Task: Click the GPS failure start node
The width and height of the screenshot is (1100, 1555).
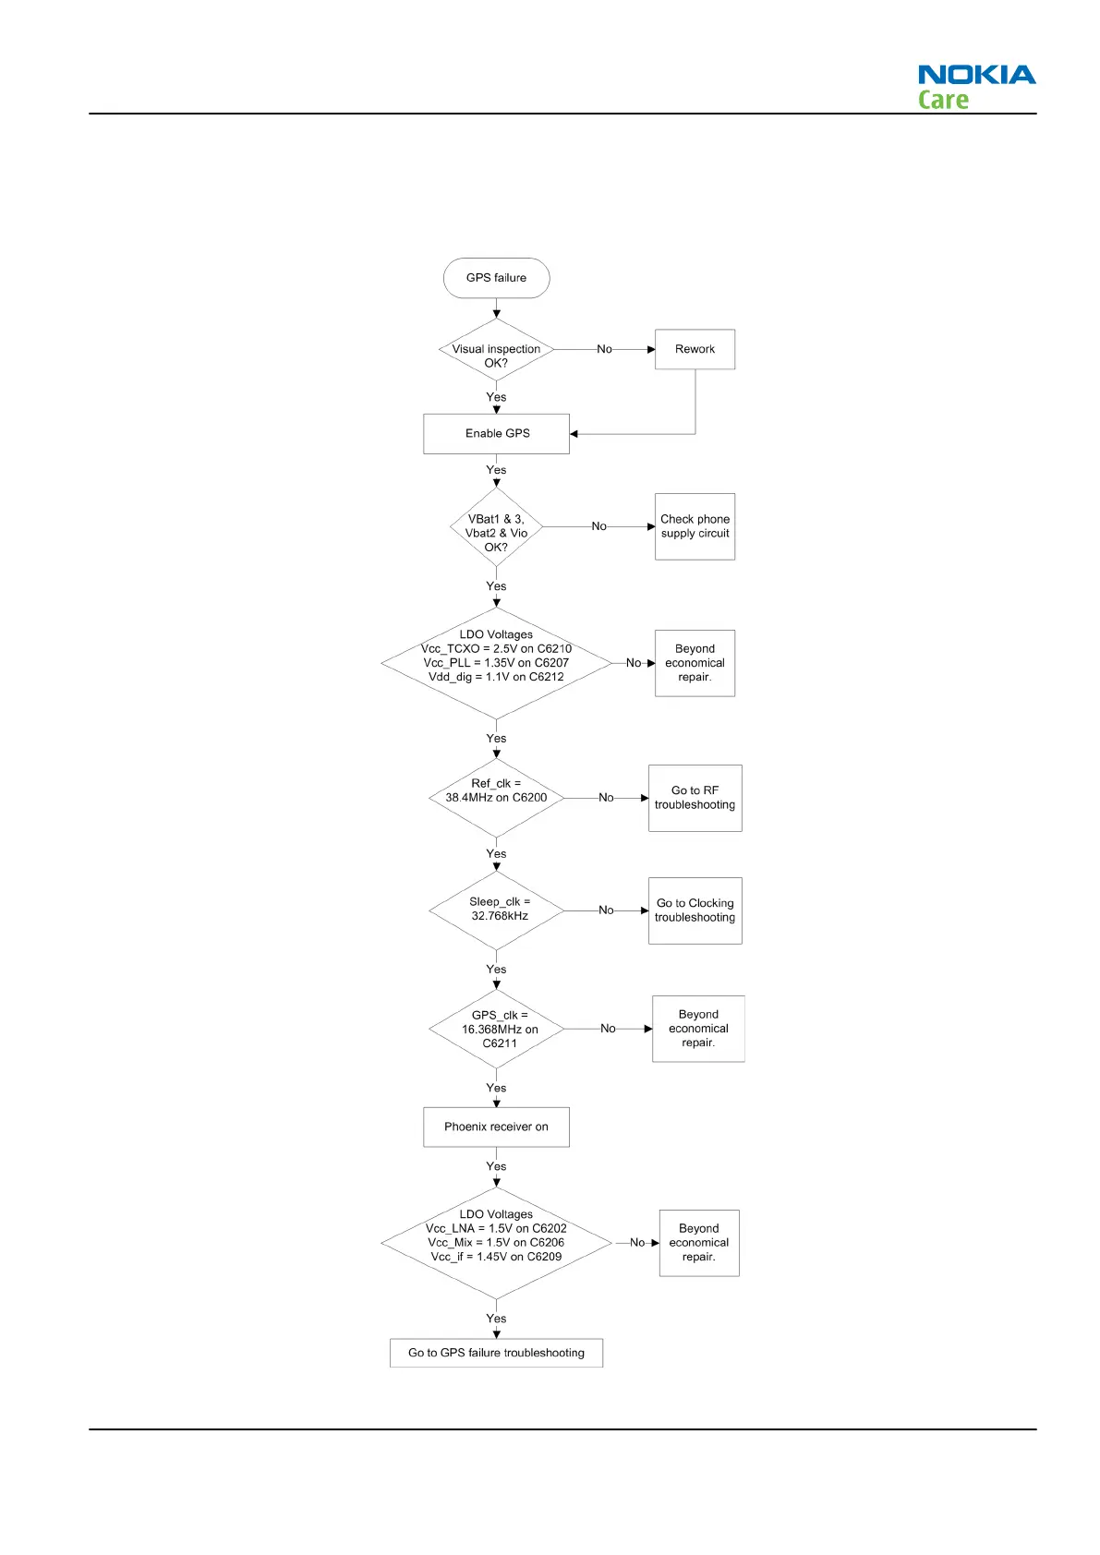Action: pyautogui.click(x=496, y=278)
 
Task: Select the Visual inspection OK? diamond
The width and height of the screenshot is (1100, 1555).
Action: pyautogui.click(x=496, y=351)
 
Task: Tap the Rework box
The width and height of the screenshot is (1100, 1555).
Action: pyautogui.click(x=695, y=349)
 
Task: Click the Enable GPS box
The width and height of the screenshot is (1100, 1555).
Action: pyautogui.click(x=496, y=434)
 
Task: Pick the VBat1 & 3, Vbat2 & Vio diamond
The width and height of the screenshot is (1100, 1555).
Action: pyautogui.click(x=496, y=528)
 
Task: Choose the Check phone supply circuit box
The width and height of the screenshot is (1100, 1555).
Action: pyautogui.click(x=695, y=526)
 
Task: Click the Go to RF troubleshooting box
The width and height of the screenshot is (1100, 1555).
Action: pyautogui.click(x=695, y=798)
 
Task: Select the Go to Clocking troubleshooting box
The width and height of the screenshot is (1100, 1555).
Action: pyautogui.click(x=695, y=910)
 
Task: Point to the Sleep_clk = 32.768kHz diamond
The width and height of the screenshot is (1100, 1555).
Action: pyautogui.click(x=496, y=910)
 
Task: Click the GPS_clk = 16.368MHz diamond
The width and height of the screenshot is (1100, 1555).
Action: pyautogui.click(x=496, y=1029)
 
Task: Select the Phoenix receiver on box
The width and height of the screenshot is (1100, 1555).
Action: pyautogui.click(x=496, y=1127)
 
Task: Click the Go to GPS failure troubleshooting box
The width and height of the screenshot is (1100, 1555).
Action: pyautogui.click(x=496, y=1353)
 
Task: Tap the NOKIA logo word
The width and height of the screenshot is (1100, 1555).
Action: pyautogui.click(x=976, y=75)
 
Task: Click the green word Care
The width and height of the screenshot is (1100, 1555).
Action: pyautogui.click(x=943, y=100)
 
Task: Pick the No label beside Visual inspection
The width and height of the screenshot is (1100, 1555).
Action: pyautogui.click(x=604, y=349)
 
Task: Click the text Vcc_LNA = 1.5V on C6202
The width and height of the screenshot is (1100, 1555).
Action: pyautogui.click(x=496, y=1228)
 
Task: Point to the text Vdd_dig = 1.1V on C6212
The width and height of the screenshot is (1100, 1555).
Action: pyautogui.click(x=496, y=677)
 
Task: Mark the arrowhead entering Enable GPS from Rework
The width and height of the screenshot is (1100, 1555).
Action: pyautogui.click(x=574, y=434)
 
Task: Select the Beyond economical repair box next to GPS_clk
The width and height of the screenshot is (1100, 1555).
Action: pyautogui.click(x=698, y=1029)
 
